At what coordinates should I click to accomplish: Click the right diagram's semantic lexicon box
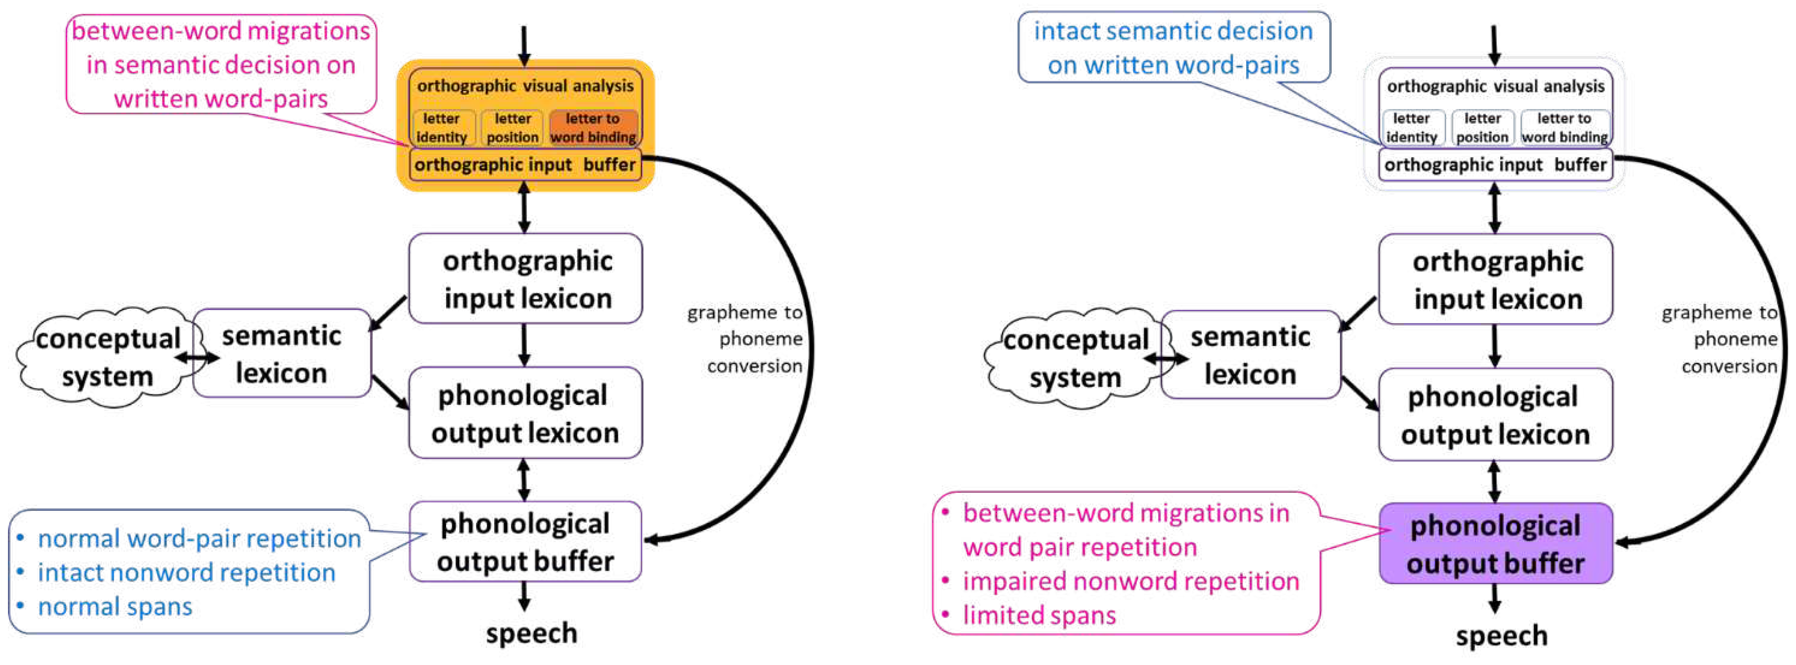(1250, 355)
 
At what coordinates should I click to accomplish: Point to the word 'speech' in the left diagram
(531, 633)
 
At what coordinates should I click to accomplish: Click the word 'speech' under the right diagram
(1501, 636)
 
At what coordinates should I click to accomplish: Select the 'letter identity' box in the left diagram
(442, 128)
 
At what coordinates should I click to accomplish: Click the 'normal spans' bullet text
(115, 606)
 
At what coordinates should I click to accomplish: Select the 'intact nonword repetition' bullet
(186, 572)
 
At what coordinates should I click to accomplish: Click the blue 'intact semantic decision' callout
(1173, 47)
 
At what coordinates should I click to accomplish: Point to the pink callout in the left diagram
(221, 64)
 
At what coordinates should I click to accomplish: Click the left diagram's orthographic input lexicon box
(526, 279)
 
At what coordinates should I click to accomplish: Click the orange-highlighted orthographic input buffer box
(525, 165)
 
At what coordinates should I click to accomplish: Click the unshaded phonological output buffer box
(525, 542)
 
